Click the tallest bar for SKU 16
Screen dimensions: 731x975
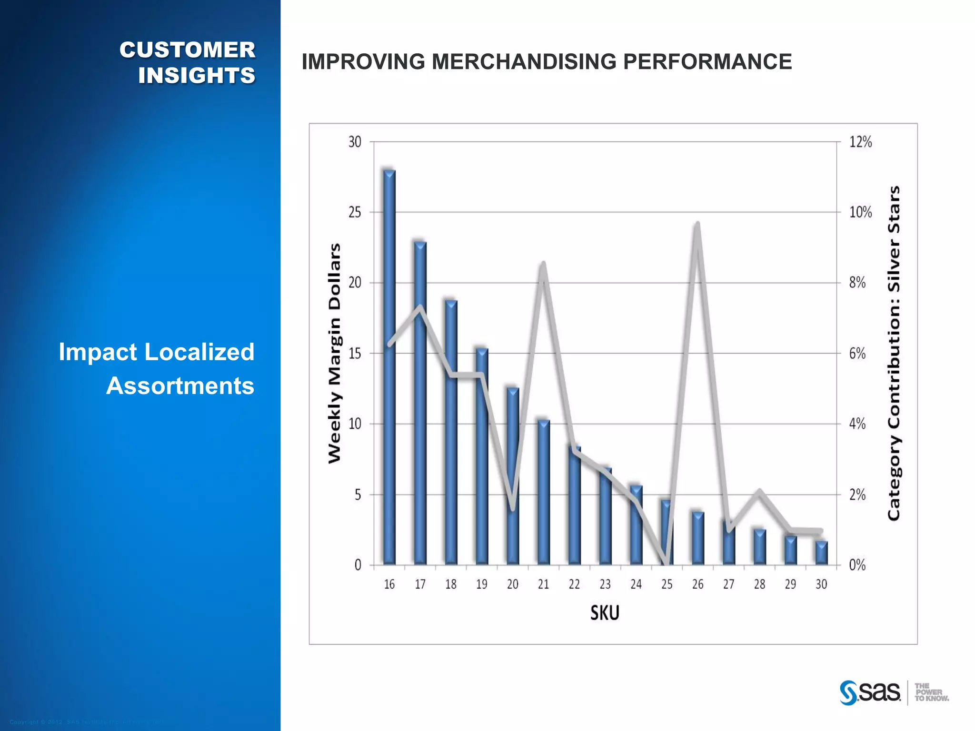pyautogui.click(x=389, y=366)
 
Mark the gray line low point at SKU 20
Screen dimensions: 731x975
pyautogui.click(x=513, y=508)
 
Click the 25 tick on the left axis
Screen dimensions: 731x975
pyautogui.click(x=355, y=212)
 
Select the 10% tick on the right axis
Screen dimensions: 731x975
pyautogui.click(x=860, y=212)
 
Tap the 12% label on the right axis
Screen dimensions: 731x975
pyautogui.click(x=860, y=142)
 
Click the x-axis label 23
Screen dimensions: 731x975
pyautogui.click(x=605, y=584)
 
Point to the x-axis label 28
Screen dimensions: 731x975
pyautogui.click(x=759, y=584)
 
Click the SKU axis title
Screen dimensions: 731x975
pyautogui.click(x=605, y=612)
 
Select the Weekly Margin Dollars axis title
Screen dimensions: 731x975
pyautogui.click(x=335, y=353)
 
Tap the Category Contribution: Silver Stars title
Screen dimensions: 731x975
pyautogui.click(x=894, y=353)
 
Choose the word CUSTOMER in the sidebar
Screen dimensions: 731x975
pyautogui.click(x=187, y=50)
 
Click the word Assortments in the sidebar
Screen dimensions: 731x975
pyautogui.click(x=180, y=385)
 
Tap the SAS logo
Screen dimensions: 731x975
pyautogui.click(x=870, y=692)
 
